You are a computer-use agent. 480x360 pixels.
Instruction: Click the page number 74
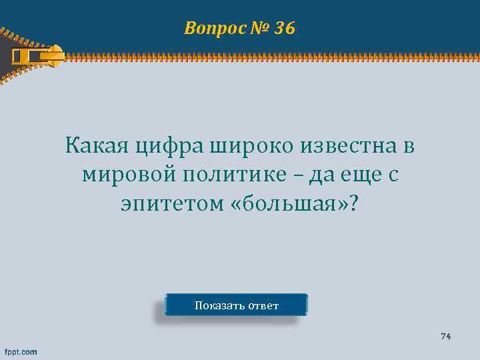pyautogui.click(x=445, y=336)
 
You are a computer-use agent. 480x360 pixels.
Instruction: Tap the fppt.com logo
pyautogui.click(x=21, y=351)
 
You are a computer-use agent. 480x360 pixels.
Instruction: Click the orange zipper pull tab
pyautogui.click(x=41, y=53)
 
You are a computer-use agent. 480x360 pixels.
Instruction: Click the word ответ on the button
pyautogui.click(x=263, y=306)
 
